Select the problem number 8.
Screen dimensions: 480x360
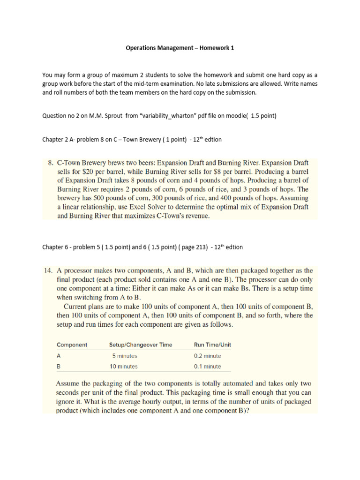click(x=51, y=163)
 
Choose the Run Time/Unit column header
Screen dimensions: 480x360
click(x=212, y=345)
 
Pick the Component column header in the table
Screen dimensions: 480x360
click(x=72, y=345)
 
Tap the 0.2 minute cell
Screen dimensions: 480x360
click(x=207, y=355)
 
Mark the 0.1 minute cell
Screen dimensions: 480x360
click(x=207, y=366)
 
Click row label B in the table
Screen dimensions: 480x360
click(x=59, y=366)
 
